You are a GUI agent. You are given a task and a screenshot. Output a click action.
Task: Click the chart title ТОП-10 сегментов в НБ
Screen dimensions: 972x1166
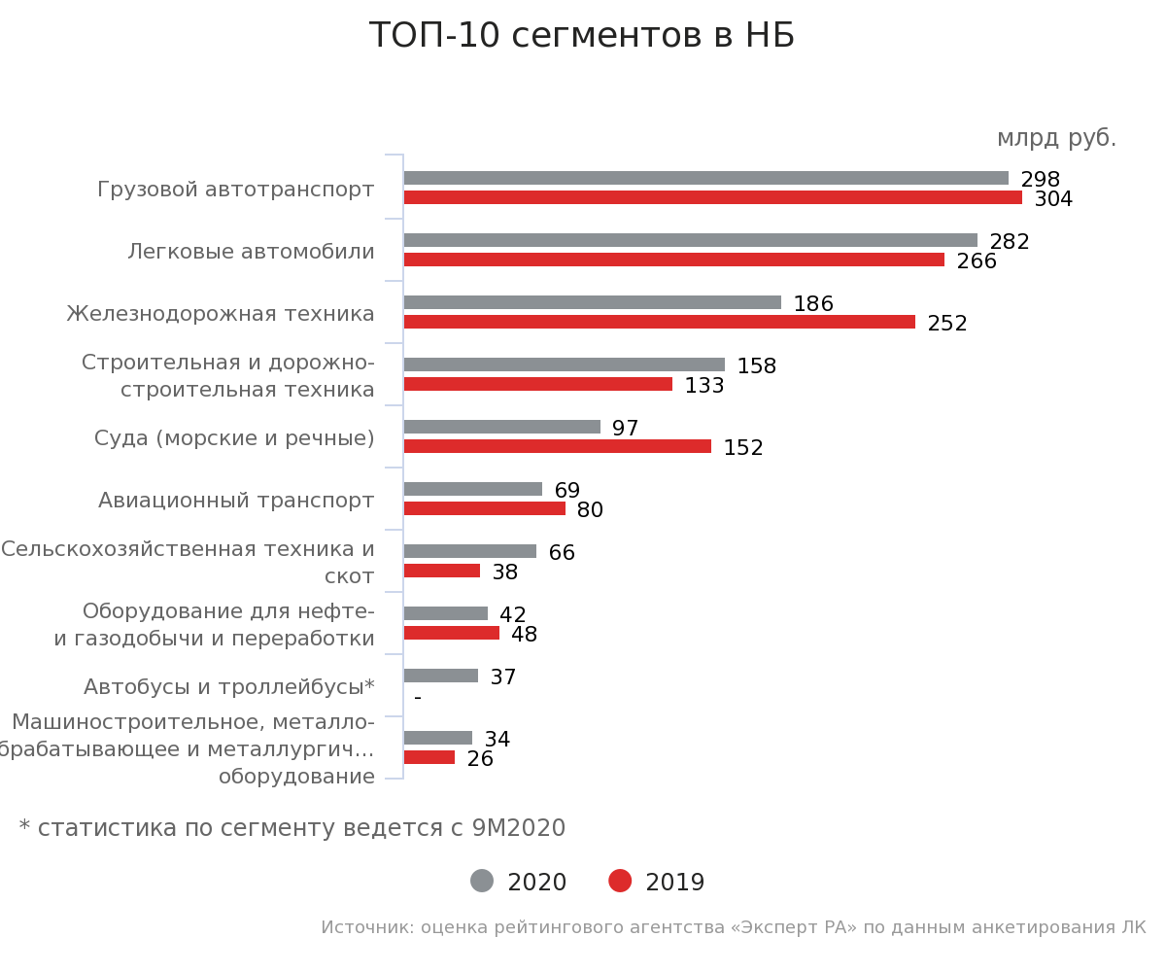[581, 36]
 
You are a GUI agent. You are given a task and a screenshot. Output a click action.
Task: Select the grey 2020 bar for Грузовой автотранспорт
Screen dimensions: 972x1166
[705, 178]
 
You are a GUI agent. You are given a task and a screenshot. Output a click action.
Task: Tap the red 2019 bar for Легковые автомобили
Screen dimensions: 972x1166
[673, 260]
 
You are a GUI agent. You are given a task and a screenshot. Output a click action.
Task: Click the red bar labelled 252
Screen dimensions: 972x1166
[659, 322]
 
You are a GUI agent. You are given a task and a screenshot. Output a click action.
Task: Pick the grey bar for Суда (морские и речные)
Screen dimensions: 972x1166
[501, 427]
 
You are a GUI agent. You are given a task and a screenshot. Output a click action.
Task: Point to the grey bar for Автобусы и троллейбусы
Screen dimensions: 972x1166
[440, 676]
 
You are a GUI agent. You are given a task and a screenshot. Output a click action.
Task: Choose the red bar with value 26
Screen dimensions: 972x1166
[429, 757]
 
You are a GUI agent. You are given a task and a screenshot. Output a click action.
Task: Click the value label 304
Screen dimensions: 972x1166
[1053, 199]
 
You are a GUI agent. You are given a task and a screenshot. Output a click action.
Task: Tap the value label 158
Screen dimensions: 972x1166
[756, 366]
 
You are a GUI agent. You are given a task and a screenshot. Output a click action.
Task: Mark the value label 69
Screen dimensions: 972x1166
[566, 491]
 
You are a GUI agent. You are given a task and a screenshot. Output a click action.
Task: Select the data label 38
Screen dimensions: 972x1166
[504, 573]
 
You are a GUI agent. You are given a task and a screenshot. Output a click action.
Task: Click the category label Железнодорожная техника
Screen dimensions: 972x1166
[221, 314]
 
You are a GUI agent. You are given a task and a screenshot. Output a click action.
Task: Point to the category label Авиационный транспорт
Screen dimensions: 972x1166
[236, 501]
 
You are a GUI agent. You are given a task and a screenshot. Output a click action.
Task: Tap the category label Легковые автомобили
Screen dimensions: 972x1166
[251, 252]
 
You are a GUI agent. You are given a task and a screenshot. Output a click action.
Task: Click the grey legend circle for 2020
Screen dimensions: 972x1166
[482, 881]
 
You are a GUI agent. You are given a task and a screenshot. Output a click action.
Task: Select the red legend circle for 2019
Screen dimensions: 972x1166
[620, 881]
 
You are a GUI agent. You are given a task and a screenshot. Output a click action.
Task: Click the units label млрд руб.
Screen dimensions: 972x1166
[1056, 138]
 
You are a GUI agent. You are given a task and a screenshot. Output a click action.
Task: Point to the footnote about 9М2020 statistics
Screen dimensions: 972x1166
[291, 828]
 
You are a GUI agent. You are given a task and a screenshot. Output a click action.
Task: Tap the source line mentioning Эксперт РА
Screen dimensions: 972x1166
[733, 927]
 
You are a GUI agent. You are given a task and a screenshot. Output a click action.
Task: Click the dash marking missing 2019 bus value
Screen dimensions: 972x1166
[418, 697]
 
